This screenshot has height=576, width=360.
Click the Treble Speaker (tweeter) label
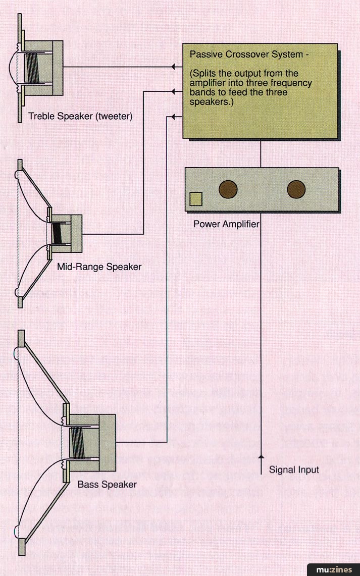[x=80, y=116]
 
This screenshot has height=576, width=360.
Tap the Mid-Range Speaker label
[x=99, y=266]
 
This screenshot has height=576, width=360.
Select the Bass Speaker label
[x=107, y=485]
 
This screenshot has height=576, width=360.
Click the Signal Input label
[x=294, y=470]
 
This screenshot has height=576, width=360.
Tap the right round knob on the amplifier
[x=296, y=189]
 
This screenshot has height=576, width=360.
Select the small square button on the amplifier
[x=195, y=199]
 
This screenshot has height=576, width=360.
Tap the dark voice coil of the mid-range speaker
[x=58, y=233]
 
